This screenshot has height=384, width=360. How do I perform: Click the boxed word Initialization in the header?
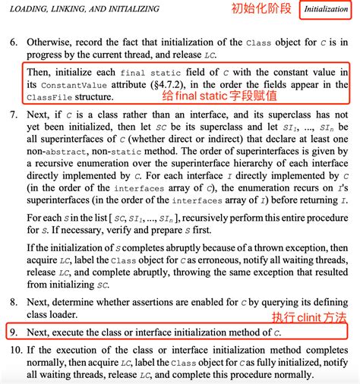pyautogui.click(x=326, y=11)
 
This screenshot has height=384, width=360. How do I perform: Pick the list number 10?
pyautogui.click(x=13, y=351)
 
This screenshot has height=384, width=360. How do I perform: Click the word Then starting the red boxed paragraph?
pyautogui.click(x=39, y=71)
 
